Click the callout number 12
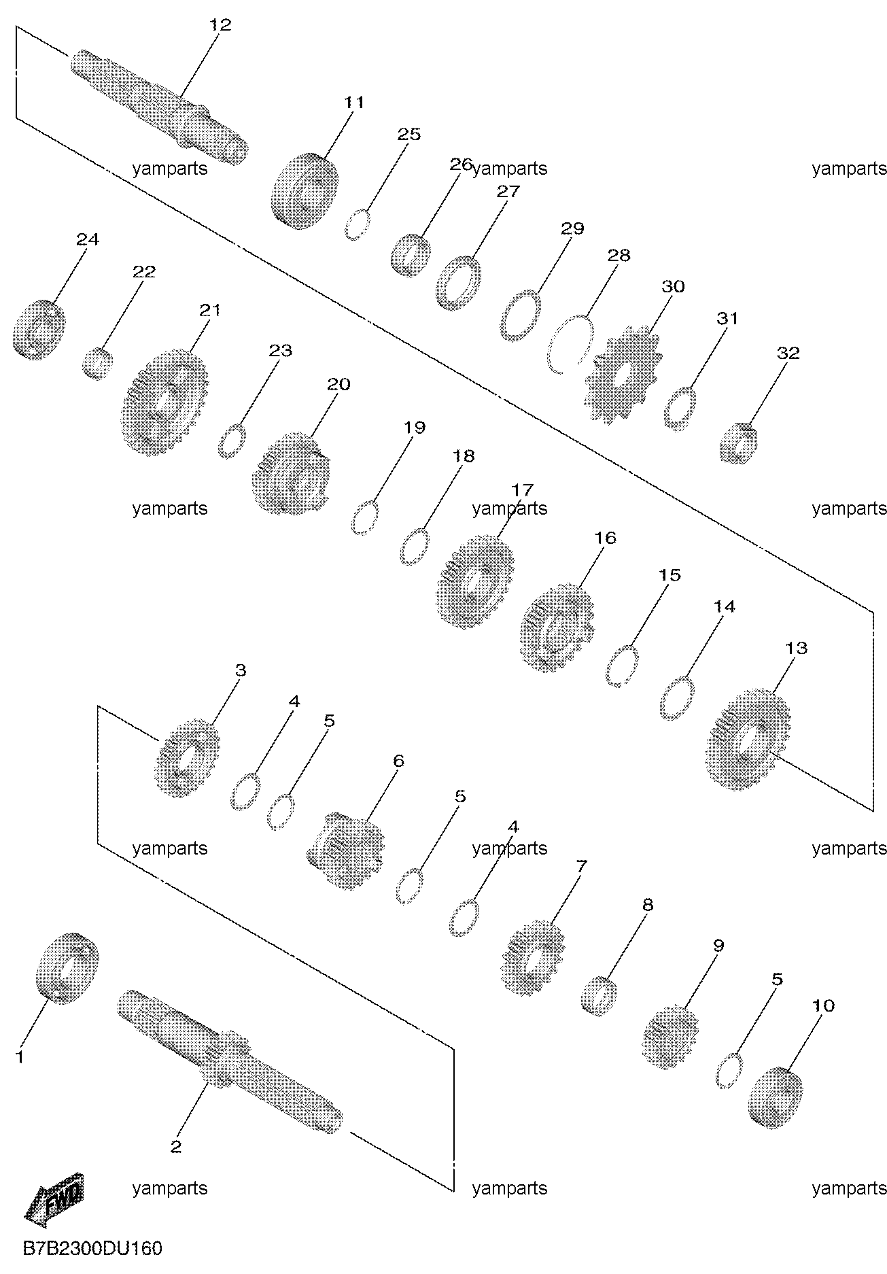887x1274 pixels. (x=221, y=25)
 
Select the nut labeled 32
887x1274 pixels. (x=738, y=443)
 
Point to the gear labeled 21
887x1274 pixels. (x=164, y=403)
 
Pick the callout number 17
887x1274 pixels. (x=523, y=489)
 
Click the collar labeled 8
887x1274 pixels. (x=597, y=996)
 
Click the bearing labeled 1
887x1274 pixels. (x=67, y=968)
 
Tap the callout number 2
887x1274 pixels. (x=176, y=1147)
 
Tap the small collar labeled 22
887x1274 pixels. (x=97, y=363)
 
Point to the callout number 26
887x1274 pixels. (x=461, y=164)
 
